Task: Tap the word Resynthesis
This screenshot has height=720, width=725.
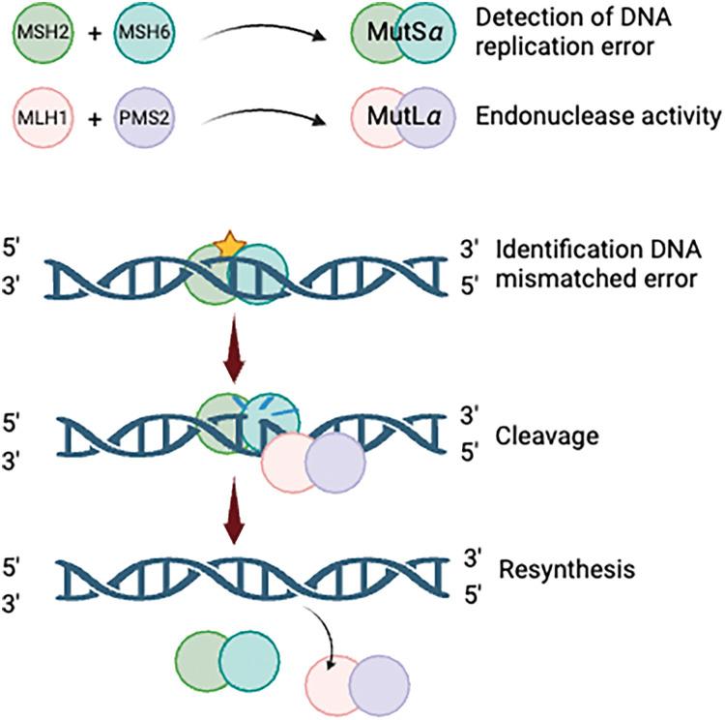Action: (566, 569)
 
